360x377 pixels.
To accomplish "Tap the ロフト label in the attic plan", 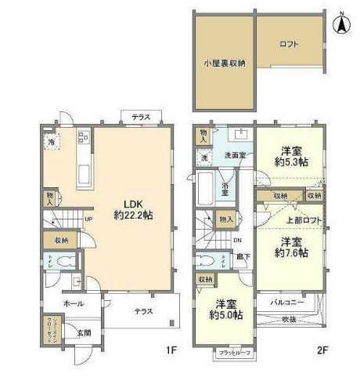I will pos(289,45).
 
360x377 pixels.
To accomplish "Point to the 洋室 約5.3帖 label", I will pos(290,156).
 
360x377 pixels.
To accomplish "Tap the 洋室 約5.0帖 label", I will pos(225,309).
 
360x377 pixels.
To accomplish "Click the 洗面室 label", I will pos(234,155).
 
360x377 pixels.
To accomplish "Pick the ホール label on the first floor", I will pos(74,303).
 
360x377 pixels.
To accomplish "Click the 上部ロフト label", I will pos(289,220).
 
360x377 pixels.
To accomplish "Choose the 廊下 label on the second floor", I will pos(244,256).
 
